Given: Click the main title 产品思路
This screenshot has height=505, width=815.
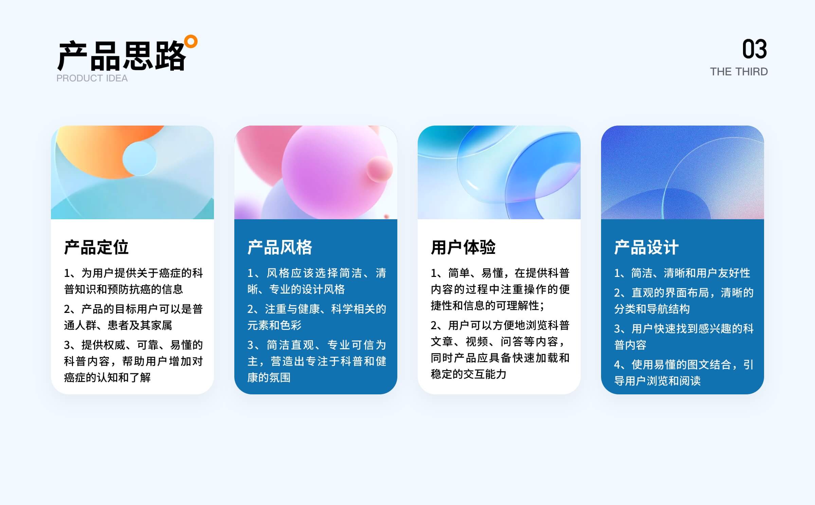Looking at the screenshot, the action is [x=122, y=56].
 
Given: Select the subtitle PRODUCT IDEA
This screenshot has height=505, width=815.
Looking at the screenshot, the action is [x=92, y=78].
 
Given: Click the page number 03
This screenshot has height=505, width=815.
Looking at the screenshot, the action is [x=754, y=49].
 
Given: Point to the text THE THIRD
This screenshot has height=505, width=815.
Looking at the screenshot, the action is [x=739, y=72].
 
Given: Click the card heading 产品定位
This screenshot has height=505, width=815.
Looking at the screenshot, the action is [x=96, y=247].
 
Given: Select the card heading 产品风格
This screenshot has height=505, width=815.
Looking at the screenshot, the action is [x=280, y=247].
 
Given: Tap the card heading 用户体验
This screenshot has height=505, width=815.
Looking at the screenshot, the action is [x=463, y=247].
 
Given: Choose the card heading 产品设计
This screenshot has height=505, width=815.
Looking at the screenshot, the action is [x=647, y=247].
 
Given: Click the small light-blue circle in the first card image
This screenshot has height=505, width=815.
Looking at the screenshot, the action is [x=140, y=158].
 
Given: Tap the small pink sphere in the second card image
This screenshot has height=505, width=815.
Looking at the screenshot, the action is [x=379, y=169].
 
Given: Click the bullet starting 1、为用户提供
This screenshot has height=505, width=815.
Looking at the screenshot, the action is [x=133, y=281].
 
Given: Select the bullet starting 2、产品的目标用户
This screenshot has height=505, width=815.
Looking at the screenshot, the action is [x=133, y=317].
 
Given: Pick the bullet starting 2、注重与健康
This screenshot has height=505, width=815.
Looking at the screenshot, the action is [x=316, y=317].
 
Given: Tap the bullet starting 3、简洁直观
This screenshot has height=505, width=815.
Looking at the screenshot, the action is [x=316, y=361].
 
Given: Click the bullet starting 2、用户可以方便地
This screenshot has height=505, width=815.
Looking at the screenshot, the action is [x=500, y=350].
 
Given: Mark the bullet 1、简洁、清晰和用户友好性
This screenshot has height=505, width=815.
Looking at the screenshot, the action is [x=682, y=273].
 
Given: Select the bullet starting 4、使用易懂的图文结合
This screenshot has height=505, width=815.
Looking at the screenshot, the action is [x=684, y=373].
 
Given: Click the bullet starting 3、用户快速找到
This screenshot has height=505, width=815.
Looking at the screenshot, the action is [x=684, y=337].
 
